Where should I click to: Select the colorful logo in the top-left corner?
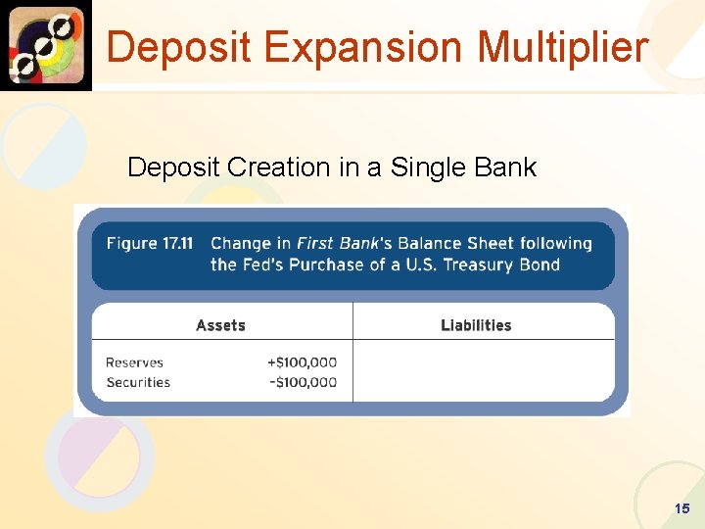(46, 44)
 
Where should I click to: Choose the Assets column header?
(220, 325)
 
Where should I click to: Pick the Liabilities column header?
(476, 325)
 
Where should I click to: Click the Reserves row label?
(134, 362)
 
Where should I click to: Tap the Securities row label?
(138, 382)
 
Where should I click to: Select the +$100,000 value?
(302, 362)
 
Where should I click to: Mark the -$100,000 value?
(303, 382)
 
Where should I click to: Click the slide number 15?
(681, 508)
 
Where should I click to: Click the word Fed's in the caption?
(259, 264)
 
